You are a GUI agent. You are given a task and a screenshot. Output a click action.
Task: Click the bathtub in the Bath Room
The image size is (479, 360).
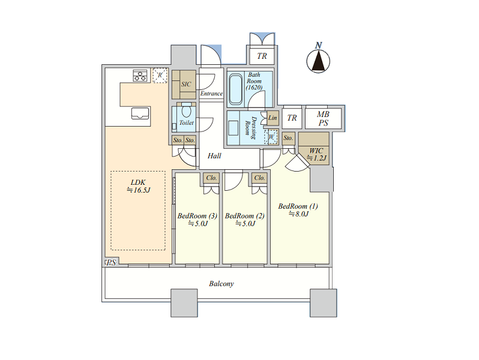coord(235,89)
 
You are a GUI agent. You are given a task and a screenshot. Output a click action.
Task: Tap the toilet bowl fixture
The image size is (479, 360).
coord(186,109)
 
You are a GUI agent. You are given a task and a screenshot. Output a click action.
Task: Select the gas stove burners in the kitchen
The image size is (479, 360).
coord(140,76)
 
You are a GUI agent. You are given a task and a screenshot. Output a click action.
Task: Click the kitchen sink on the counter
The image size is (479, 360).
coord(140,113)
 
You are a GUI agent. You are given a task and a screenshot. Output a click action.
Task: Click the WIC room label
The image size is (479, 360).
coord(316,151)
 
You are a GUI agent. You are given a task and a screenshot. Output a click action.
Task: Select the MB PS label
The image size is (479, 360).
coord(323,118)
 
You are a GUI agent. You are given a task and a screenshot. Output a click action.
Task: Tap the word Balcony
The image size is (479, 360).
coord(221,284)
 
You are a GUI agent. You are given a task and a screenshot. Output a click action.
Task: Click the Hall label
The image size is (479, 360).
coord(214,156)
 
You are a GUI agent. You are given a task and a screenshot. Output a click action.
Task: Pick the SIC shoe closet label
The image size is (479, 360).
coord(186,84)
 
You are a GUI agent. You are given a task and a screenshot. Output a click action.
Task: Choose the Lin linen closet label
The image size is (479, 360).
coord(273,118)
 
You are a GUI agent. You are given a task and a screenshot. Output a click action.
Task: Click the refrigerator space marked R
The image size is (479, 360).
coord(160,75)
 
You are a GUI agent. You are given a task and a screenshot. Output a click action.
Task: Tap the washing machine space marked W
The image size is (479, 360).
coord(271,136)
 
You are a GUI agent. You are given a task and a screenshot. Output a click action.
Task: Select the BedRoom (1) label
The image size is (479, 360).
coord(298,206)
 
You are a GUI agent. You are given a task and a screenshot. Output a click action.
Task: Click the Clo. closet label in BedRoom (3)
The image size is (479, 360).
coord(211,178)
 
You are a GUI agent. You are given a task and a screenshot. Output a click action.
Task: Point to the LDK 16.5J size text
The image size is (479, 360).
coord(139,190)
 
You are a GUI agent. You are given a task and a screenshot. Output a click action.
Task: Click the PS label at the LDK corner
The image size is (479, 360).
coord(111,263)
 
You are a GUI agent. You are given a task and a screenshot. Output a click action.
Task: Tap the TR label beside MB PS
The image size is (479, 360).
coord(292,118)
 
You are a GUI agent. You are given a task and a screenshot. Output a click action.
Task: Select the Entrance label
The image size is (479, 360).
coord(211,94)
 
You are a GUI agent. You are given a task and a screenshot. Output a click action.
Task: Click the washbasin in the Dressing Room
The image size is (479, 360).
coord(233,128)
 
